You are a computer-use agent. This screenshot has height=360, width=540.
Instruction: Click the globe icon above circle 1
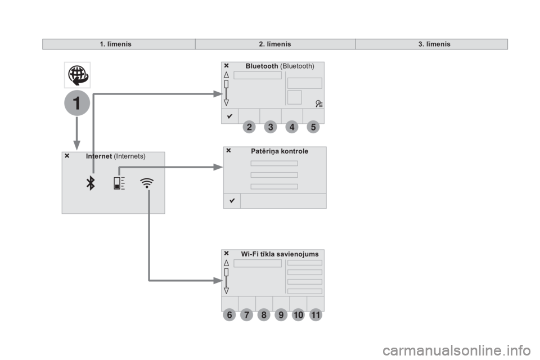78,75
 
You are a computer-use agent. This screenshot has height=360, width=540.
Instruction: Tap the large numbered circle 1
77,103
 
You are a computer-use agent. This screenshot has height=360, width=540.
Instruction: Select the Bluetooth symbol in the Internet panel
91,183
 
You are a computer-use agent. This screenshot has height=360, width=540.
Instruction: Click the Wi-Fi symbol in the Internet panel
147,183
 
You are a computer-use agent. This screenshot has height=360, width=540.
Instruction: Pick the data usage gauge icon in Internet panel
119,183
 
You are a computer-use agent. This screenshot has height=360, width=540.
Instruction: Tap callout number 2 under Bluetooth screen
249,127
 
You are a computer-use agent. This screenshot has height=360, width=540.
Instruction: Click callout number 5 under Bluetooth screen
313,127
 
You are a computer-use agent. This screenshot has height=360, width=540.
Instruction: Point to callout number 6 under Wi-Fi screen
229,314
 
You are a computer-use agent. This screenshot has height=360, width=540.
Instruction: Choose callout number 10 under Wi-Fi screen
298,314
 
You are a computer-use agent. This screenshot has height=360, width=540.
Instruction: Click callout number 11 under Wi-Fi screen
316,314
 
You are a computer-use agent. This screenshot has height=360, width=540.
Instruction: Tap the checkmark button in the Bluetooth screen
229,116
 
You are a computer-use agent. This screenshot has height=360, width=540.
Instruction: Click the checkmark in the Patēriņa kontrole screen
232,200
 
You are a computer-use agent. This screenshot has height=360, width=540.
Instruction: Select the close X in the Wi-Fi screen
226,253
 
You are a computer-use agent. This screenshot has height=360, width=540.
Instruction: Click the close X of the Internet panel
67,156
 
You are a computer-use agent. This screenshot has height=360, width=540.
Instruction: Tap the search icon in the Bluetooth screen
319,103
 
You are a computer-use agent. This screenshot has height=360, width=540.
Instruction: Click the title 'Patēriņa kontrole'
280,151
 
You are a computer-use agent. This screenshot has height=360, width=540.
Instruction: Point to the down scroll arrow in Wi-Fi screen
226,291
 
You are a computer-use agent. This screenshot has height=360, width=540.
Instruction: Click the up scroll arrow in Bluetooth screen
226,74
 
